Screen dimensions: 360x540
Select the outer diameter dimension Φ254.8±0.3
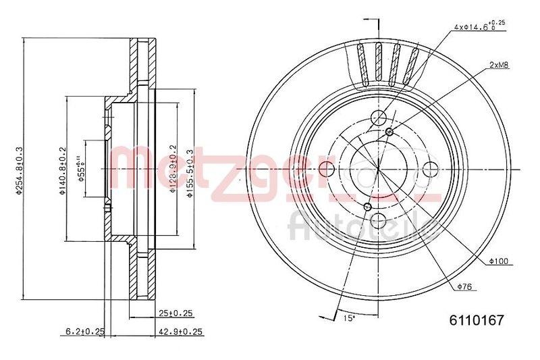point(20,170)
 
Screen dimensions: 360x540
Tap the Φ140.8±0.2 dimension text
point(62,171)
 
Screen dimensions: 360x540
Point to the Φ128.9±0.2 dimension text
point(173,170)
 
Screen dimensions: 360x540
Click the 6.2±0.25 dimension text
point(84,331)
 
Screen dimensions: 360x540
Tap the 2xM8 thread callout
point(499,66)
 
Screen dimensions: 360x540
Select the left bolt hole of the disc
point(327,168)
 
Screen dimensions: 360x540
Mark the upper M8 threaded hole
point(390,131)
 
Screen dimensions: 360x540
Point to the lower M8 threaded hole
point(367,206)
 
